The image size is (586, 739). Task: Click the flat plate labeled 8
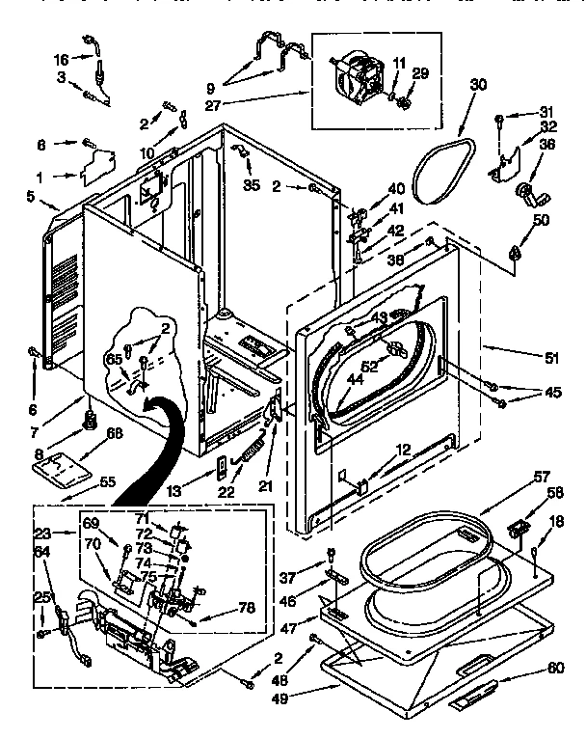(x=65, y=471)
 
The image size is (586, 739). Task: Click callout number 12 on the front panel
(x=402, y=451)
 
